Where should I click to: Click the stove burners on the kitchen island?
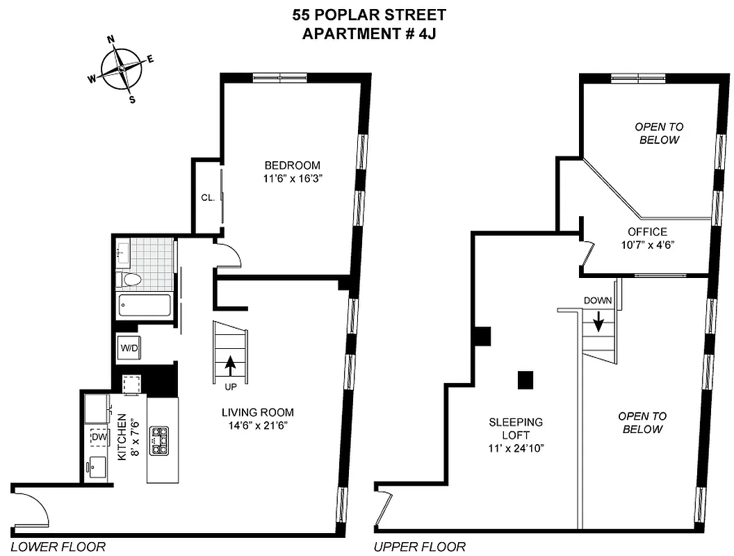pos(160,441)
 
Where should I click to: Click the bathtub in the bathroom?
pos(145,304)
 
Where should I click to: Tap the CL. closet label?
pos(207,197)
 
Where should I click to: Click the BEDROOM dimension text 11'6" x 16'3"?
pos(292,179)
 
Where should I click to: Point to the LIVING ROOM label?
pos(257,411)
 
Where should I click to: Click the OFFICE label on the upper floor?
pos(646,232)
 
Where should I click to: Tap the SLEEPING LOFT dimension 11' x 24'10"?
pos(515,448)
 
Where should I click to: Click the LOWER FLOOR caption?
pos(58,547)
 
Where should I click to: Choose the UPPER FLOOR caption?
pos(420,547)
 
